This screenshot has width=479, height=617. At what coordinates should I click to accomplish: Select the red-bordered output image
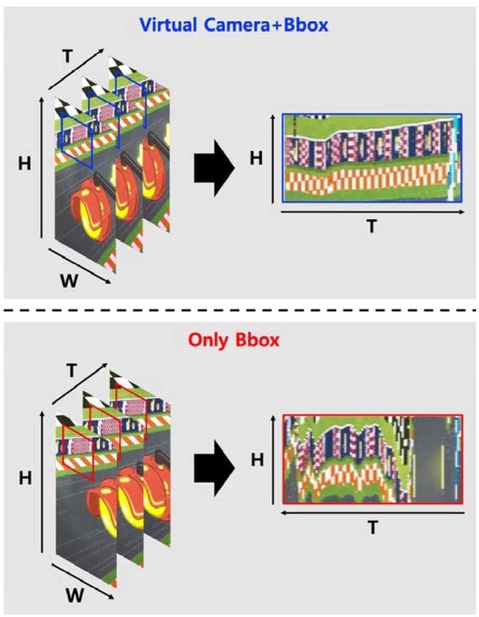tap(372, 458)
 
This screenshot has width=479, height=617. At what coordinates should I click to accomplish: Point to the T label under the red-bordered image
tap(372, 528)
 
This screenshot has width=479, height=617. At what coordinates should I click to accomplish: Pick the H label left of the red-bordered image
tap(256, 459)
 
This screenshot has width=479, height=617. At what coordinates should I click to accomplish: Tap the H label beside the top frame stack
tap(25, 163)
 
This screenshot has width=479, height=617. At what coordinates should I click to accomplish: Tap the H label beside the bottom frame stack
tap(25, 477)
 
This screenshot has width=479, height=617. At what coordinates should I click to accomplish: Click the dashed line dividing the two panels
tap(239, 310)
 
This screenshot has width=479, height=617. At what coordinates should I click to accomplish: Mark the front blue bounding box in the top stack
tap(77, 142)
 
